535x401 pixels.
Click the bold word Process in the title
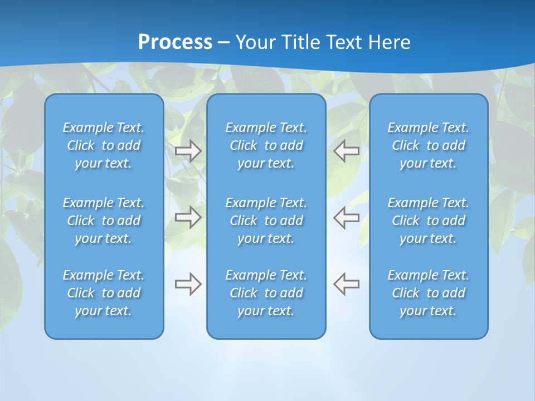pos(175,42)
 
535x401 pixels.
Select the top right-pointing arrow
pos(188,151)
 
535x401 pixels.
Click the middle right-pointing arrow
pos(188,217)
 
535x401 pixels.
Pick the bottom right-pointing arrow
pos(188,284)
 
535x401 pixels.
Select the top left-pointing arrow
pos(347,151)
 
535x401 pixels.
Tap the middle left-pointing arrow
pos(347,217)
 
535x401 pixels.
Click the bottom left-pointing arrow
pos(347,284)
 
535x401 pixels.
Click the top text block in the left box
pos(104,145)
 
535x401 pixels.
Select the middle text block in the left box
pos(104,221)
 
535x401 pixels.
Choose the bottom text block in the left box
pos(104,293)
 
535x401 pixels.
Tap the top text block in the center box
pos(266,145)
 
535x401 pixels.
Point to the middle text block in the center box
pos(266,221)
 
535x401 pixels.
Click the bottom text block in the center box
pos(266,293)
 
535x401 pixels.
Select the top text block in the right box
pos(429,145)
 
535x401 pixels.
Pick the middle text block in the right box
pos(429,221)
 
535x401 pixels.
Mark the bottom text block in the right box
pos(429,293)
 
